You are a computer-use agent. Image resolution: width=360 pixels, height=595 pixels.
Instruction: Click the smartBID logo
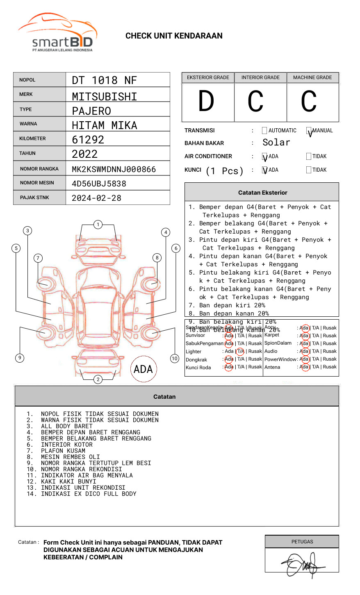(x=58, y=33)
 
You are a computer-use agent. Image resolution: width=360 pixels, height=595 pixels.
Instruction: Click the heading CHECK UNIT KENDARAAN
(x=174, y=36)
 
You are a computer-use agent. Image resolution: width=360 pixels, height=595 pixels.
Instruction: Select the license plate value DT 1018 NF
(x=104, y=80)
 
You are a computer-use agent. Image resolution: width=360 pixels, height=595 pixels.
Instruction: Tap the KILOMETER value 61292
(x=88, y=140)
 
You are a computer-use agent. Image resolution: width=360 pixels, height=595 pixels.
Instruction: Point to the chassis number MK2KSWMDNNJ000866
(x=114, y=169)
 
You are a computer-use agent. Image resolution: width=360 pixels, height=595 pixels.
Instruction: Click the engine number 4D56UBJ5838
(x=99, y=184)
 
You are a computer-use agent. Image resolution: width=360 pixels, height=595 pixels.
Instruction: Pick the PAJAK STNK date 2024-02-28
(x=96, y=198)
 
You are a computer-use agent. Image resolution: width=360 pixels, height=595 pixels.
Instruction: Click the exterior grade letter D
(x=206, y=102)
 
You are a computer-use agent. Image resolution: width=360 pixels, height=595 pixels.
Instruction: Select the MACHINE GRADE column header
(x=312, y=77)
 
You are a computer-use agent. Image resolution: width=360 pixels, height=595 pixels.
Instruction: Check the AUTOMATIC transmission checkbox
(x=264, y=131)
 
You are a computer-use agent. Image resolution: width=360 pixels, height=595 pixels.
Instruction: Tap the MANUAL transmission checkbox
(x=309, y=131)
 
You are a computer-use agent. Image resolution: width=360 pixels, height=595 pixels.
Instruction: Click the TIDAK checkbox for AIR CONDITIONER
(x=309, y=157)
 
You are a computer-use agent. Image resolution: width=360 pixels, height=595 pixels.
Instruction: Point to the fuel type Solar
(x=276, y=143)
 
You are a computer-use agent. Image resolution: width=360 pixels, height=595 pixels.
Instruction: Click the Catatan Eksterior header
(x=262, y=193)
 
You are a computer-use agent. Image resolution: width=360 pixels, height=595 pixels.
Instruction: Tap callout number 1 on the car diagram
(x=98, y=225)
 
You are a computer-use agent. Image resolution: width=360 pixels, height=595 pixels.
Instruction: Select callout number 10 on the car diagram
(x=175, y=359)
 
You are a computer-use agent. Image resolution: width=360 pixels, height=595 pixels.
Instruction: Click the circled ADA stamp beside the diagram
(x=143, y=369)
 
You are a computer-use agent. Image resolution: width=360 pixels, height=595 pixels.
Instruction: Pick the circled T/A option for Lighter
(x=240, y=351)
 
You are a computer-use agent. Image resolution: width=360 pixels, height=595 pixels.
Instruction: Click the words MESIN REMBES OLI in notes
(x=70, y=457)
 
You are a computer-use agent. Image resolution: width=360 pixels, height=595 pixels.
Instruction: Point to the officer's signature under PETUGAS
(x=302, y=565)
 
